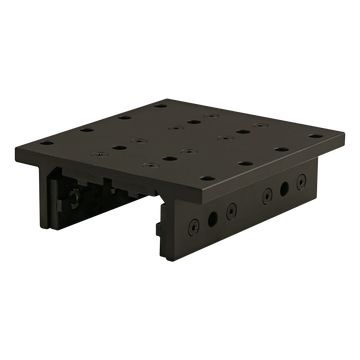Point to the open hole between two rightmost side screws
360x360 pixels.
point(288,187)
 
